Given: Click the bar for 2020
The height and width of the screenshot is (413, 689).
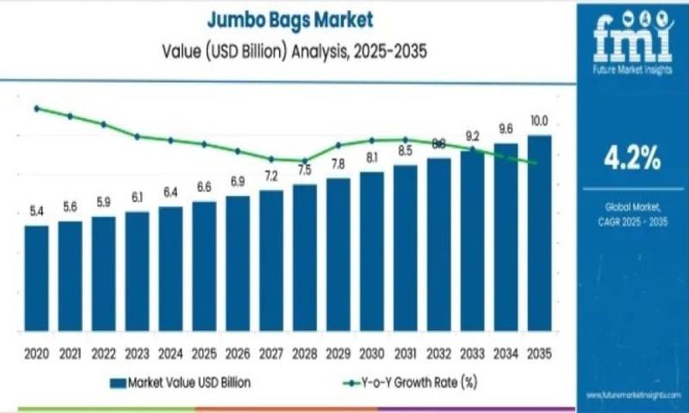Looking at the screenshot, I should [36, 279].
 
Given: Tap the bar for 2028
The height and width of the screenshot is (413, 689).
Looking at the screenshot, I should [304, 258].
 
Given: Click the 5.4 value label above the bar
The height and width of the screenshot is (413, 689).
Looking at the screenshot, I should [37, 211].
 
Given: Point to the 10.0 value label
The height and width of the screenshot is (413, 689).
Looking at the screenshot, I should [539, 120].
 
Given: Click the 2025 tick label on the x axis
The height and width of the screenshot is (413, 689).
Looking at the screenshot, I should [204, 354].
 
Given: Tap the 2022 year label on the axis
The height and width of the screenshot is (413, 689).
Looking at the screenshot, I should [103, 354].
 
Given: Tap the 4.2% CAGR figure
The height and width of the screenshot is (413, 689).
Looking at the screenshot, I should [632, 157].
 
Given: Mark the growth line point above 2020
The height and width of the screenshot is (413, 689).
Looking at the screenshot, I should [36, 108].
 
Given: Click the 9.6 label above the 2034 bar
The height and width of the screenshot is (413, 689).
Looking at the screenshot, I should [506, 129].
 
